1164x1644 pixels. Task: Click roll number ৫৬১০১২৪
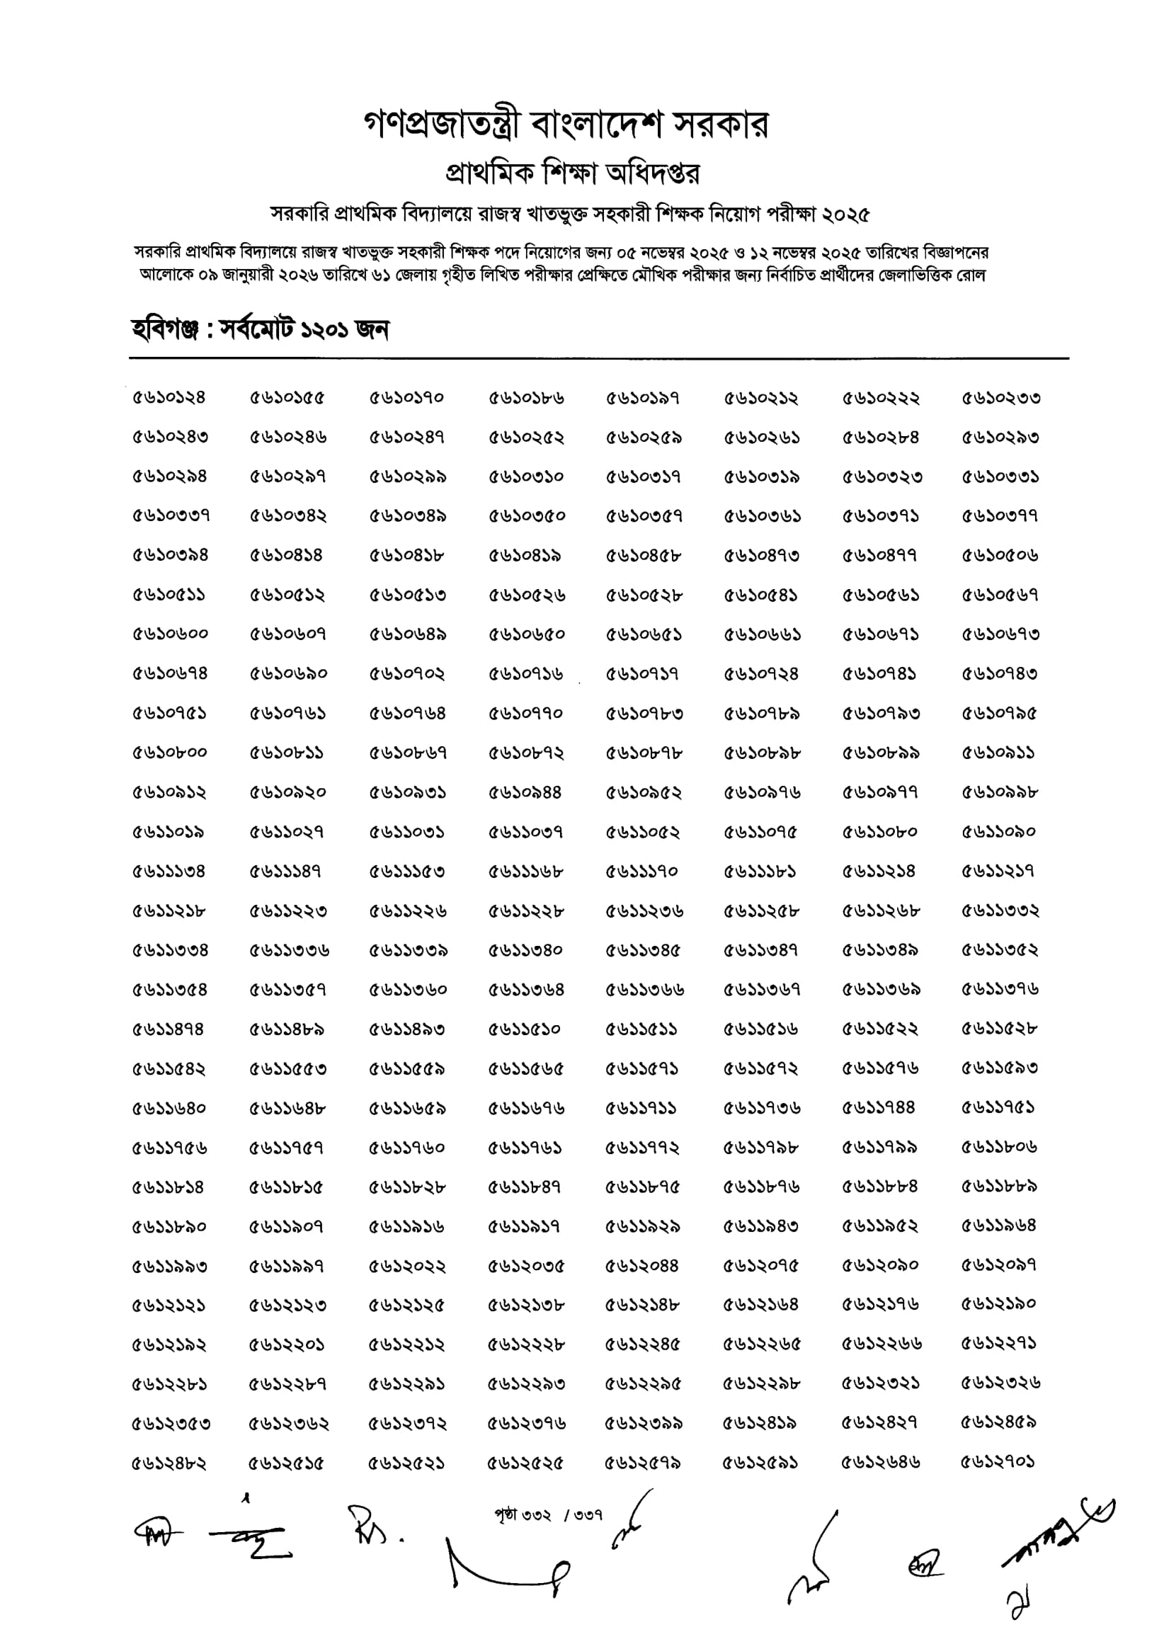169,398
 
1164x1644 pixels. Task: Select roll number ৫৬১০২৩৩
1000,398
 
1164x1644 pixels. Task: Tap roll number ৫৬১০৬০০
170,634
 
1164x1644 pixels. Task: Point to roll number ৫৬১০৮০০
170,753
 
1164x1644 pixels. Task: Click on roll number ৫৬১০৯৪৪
525,792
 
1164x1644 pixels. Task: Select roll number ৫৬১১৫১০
525,1029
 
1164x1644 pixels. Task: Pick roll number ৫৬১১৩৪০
525,950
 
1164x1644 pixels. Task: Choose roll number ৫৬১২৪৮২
169,1462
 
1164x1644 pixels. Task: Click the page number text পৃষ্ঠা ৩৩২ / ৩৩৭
548,1514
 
